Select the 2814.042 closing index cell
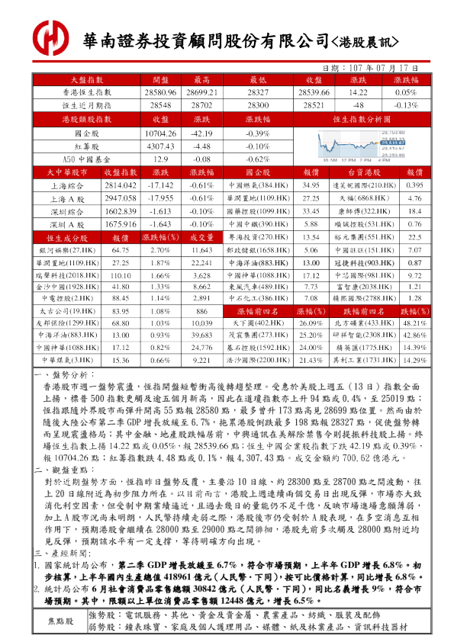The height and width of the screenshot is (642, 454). [x=119, y=185]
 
